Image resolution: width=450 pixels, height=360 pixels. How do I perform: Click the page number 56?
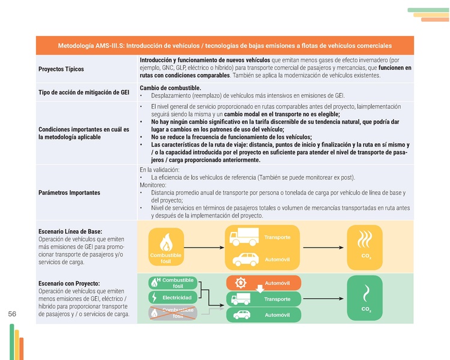(x=12, y=314)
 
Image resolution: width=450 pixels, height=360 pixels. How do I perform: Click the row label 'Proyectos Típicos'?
(x=61, y=69)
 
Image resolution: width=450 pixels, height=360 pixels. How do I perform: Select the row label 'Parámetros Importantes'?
(x=69, y=193)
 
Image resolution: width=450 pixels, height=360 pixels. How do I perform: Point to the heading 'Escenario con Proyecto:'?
(x=68, y=283)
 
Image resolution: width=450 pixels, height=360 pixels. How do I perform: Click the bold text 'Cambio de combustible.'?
(x=170, y=88)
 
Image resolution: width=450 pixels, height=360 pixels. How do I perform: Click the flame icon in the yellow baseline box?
(x=166, y=243)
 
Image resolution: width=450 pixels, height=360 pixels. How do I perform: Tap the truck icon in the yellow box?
(x=244, y=237)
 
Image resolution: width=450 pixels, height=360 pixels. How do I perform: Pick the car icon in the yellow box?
(x=244, y=260)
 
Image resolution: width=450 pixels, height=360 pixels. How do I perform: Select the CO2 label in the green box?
(x=366, y=310)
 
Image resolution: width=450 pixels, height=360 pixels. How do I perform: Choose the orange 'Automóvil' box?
(x=264, y=283)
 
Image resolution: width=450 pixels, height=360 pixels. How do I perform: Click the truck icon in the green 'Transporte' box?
(x=242, y=299)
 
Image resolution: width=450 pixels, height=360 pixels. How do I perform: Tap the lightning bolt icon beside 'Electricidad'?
(x=155, y=297)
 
